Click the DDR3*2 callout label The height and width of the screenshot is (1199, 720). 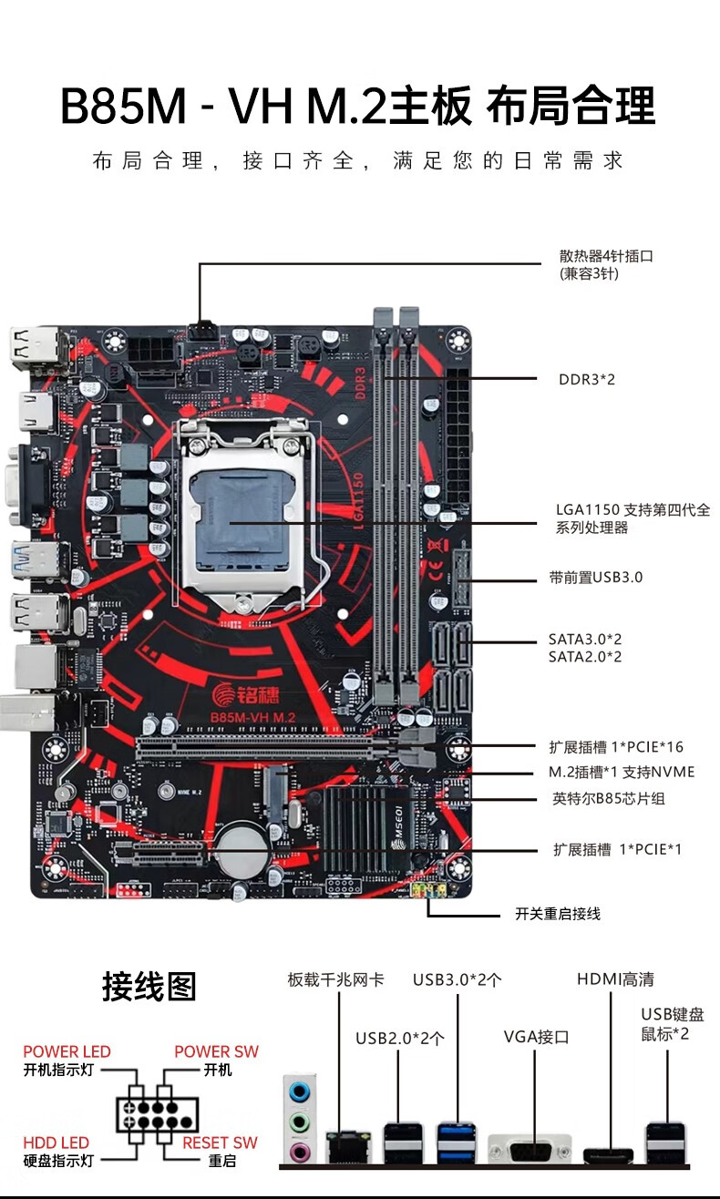coord(586,379)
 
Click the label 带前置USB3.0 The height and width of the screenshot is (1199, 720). coord(595,578)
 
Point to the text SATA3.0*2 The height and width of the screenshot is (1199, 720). coord(585,640)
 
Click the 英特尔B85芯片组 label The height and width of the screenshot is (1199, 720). coord(609,799)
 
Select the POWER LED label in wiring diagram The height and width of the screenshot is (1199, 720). coord(67,1051)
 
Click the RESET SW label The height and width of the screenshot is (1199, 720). coord(220,1143)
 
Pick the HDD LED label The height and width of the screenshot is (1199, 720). coord(57,1143)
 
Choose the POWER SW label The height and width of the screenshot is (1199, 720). coord(216,1051)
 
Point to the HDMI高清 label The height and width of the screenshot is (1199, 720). coord(615,979)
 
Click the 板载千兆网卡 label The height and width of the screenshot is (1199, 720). coord(335,979)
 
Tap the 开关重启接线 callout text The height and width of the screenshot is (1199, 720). coord(558,914)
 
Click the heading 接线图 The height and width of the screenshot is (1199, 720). coord(149,986)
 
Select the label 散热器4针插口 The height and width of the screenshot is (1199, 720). coord(606,256)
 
